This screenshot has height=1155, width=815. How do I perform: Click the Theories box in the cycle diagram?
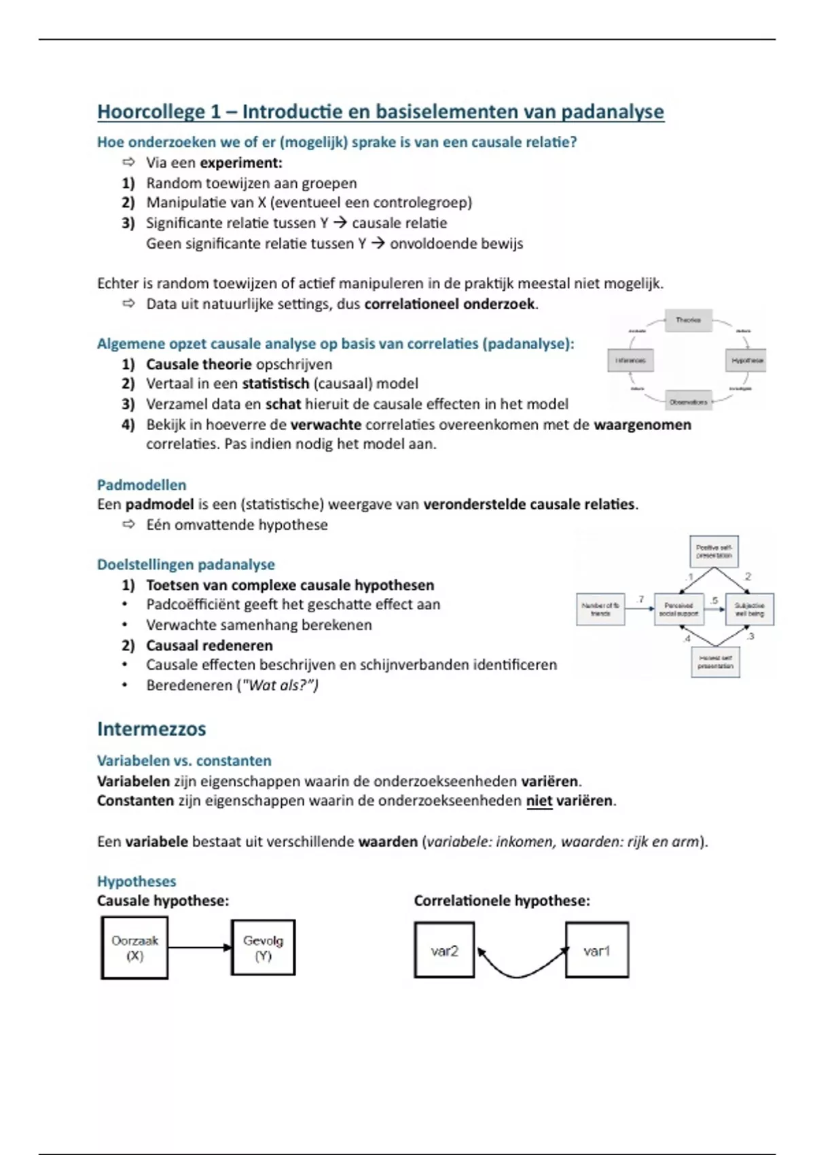pyautogui.click(x=688, y=320)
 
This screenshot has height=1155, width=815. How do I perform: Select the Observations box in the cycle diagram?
pyautogui.click(x=688, y=402)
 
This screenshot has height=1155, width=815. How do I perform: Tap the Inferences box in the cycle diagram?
pyautogui.click(x=630, y=360)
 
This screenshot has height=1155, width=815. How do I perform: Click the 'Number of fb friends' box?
pyautogui.click(x=600, y=609)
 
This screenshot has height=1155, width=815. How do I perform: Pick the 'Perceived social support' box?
pyautogui.click(x=678, y=609)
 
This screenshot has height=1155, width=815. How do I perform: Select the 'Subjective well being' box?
pyautogui.click(x=749, y=609)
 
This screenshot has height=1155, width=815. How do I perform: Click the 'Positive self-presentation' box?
pyautogui.click(x=714, y=551)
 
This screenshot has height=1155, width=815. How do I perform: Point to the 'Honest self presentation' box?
pyautogui.click(x=715, y=662)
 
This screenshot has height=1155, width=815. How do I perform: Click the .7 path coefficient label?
pyautogui.click(x=640, y=599)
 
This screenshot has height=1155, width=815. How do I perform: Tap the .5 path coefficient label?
pyautogui.click(x=713, y=601)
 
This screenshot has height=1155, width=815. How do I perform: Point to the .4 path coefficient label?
pyautogui.click(x=687, y=639)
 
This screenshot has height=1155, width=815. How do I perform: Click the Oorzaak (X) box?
pyautogui.click(x=134, y=948)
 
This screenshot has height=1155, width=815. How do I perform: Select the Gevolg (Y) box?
pyautogui.click(x=263, y=948)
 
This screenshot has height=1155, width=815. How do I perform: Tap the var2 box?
pyautogui.click(x=444, y=950)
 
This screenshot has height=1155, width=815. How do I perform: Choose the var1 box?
pyautogui.click(x=596, y=950)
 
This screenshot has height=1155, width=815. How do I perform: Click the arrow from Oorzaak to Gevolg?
pyautogui.click(x=199, y=947)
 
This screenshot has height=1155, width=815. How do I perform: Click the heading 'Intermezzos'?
pyautogui.click(x=151, y=729)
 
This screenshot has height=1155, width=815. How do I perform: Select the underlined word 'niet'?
pyautogui.click(x=539, y=801)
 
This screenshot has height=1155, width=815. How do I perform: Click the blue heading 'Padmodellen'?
pyautogui.click(x=141, y=485)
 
